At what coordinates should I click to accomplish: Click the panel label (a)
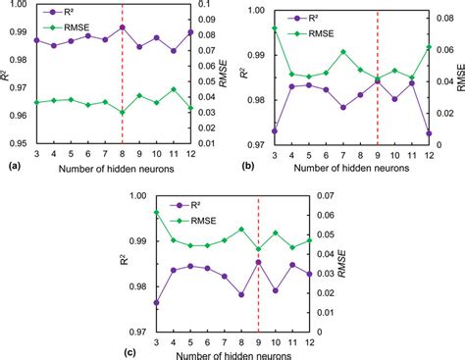pyautogui.click(x=13, y=167)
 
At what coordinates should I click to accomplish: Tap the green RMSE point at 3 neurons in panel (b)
pyautogui.click(x=274, y=29)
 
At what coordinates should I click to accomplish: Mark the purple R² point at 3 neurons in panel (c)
pyautogui.click(x=156, y=302)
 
